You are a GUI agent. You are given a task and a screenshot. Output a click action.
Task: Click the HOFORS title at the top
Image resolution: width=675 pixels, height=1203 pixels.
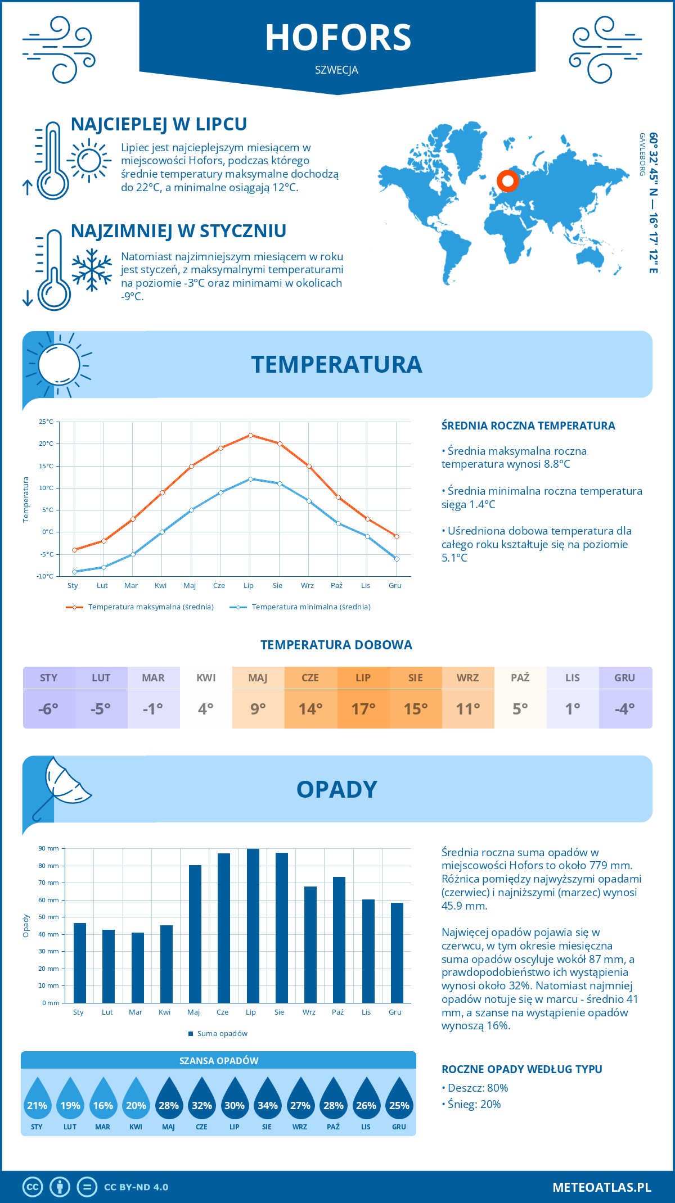pos(338,38)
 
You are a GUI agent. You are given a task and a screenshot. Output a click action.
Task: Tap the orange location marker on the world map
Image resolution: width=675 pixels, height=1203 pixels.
pos(507,181)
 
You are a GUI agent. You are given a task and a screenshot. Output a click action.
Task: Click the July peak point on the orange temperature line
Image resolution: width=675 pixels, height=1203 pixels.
pos(250,435)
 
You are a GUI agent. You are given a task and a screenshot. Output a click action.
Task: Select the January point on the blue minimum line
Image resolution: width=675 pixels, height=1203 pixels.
pos(74,572)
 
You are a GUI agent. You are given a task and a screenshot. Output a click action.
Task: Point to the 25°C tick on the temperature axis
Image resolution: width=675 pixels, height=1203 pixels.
pos(46,422)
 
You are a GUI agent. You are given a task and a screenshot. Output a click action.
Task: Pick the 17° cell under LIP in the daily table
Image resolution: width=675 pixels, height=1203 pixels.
pos(363,709)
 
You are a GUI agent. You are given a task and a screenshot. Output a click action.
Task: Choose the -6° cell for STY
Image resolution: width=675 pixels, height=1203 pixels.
pos(48,709)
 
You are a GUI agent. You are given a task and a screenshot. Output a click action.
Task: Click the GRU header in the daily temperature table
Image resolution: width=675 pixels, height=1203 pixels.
pos(624,677)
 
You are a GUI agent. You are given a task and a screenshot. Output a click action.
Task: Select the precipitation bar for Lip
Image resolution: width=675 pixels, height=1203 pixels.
pos(253,926)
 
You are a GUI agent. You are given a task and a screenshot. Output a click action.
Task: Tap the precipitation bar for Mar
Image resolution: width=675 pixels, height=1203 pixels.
pos(137,967)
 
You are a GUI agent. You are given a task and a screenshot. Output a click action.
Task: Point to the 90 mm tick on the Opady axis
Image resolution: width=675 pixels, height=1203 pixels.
pos(49,848)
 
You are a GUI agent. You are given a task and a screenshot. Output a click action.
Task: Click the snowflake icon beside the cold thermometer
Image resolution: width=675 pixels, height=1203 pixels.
pos(92,270)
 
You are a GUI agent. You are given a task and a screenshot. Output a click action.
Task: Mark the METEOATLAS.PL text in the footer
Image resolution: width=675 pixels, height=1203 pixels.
pos(601,1187)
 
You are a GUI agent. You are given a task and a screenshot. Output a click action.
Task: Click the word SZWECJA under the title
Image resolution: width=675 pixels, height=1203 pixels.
pos(336,70)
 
